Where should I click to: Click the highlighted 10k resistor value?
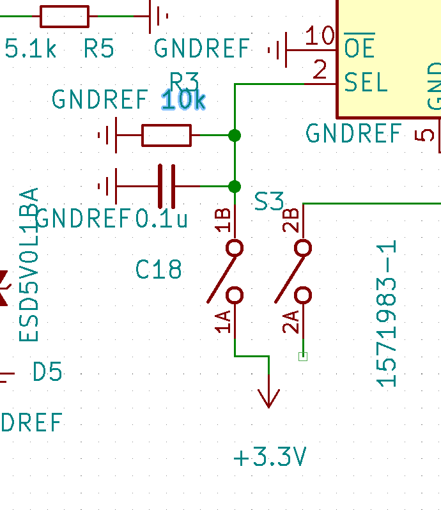(183, 100)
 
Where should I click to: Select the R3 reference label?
(184, 81)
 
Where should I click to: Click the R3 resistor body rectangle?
(166, 135)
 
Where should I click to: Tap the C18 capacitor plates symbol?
(166, 187)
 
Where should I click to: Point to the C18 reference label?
(159, 270)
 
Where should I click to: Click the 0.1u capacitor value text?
(162, 219)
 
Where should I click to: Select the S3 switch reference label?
(269, 202)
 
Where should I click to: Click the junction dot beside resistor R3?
(235, 135)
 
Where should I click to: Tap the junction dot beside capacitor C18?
(235, 187)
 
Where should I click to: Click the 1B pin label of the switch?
(223, 220)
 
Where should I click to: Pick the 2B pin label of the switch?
(291, 220)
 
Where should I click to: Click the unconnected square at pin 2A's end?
(303, 357)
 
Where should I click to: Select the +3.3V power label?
(270, 458)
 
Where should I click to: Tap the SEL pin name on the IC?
(366, 82)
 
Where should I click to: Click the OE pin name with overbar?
(359, 47)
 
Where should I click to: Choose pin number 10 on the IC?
(320, 36)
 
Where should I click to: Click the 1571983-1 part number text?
(388, 314)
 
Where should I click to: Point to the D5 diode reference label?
(48, 371)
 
